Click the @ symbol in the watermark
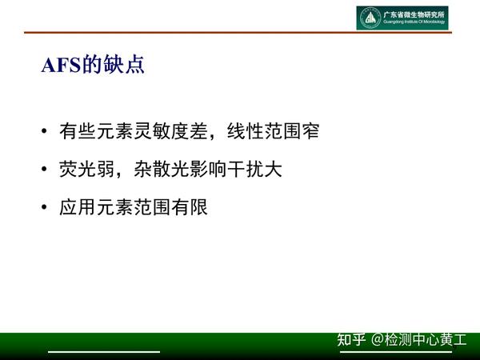[x=378, y=340]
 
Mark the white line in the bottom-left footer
[x=104, y=351]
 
